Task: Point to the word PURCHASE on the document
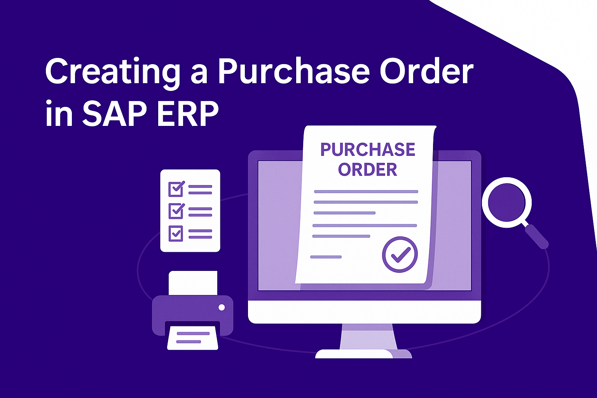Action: pyautogui.click(x=368, y=149)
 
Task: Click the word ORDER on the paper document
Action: pyautogui.click(x=368, y=169)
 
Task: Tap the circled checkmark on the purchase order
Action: pyautogui.click(x=400, y=254)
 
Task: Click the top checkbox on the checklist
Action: pyautogui.click(x=176, y=189)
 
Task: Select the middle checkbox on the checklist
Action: pyautogui.click(x=176, y=211)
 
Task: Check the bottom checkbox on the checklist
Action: pyautogui.click(x=176, y=234)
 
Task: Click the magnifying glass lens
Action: pyautogui.click(x=507, y=202)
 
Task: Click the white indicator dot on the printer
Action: pyautogui.click(x=222, y=307)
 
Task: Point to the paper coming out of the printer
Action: pyautogui.click(x=192, y=337)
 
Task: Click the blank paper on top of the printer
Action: pyautogui.click(x=193, y=283)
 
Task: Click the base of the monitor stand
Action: pyautogui.click(x=363, y=354)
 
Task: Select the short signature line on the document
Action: pyautogui.click(x=326, y=257)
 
